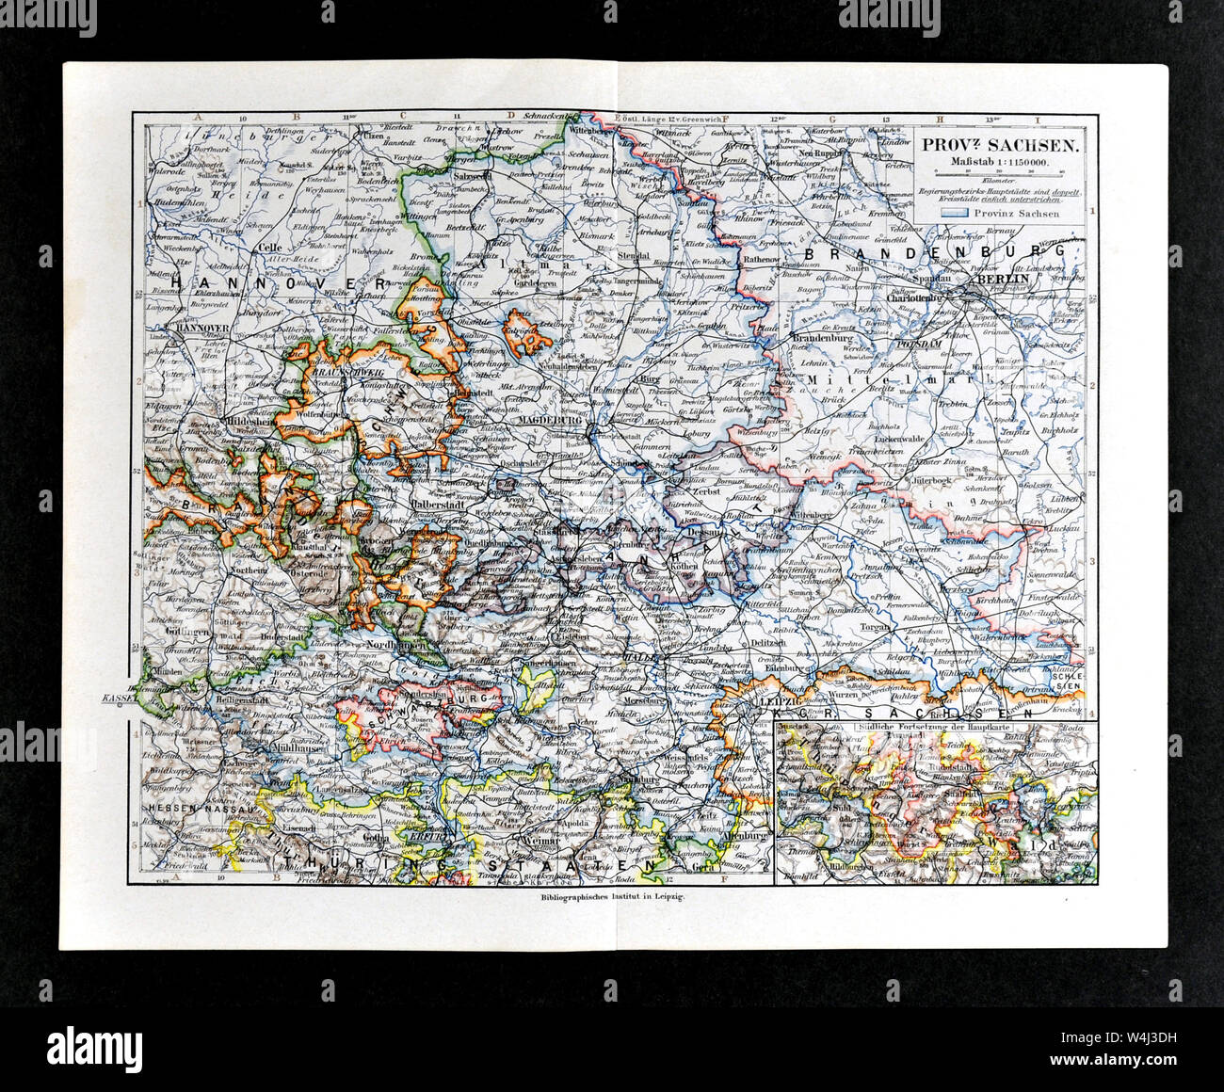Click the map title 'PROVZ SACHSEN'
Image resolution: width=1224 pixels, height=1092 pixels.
(x=1000, y=146)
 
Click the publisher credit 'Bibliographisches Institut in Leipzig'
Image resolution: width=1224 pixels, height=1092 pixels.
(x=613, y=899)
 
